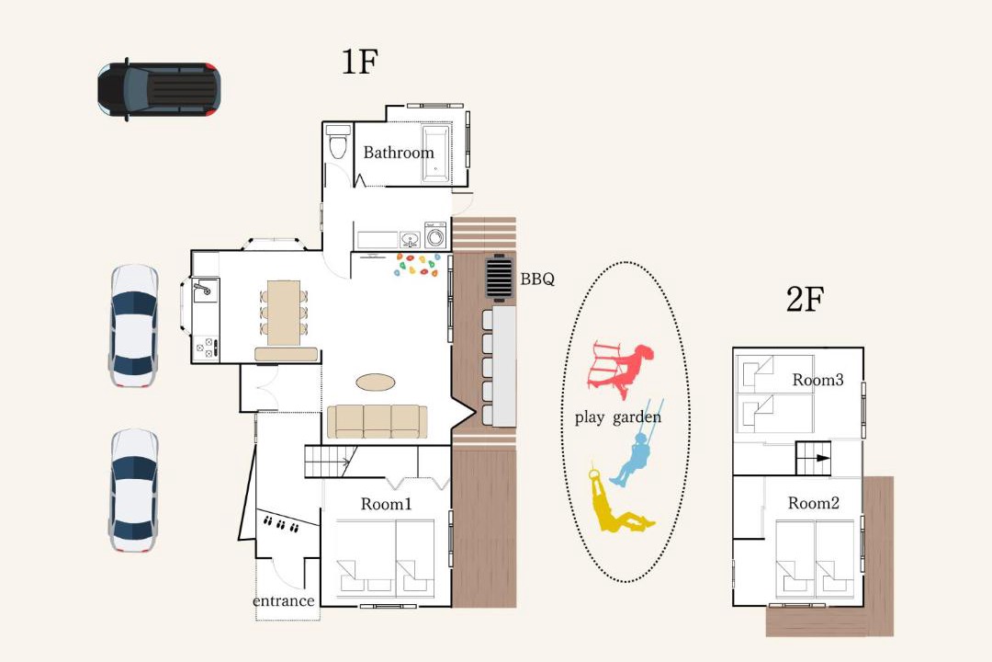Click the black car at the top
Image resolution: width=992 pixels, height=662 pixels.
point(159,88)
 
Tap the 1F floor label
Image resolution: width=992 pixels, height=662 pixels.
point(359,63)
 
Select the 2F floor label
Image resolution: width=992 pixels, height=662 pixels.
point(805,299)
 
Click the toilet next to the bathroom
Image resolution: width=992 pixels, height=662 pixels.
point(338,142)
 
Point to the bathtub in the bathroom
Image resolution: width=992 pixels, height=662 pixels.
point(436,154)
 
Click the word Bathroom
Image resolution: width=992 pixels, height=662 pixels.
point(399,153)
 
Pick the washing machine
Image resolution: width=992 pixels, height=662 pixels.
point(435,235)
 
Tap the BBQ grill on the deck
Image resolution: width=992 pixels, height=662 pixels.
point(499,278)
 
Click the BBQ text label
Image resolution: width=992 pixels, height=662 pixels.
point(537,279)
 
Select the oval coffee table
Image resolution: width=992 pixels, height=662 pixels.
point(375,382)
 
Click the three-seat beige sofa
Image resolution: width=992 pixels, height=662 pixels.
point(378,421)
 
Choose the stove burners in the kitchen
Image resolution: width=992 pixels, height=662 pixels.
point(207,348)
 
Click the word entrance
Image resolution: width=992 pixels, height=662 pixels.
point(284,601)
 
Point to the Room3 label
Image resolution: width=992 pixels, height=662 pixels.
point(818,380)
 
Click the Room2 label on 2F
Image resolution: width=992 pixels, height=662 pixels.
point(814,504)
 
